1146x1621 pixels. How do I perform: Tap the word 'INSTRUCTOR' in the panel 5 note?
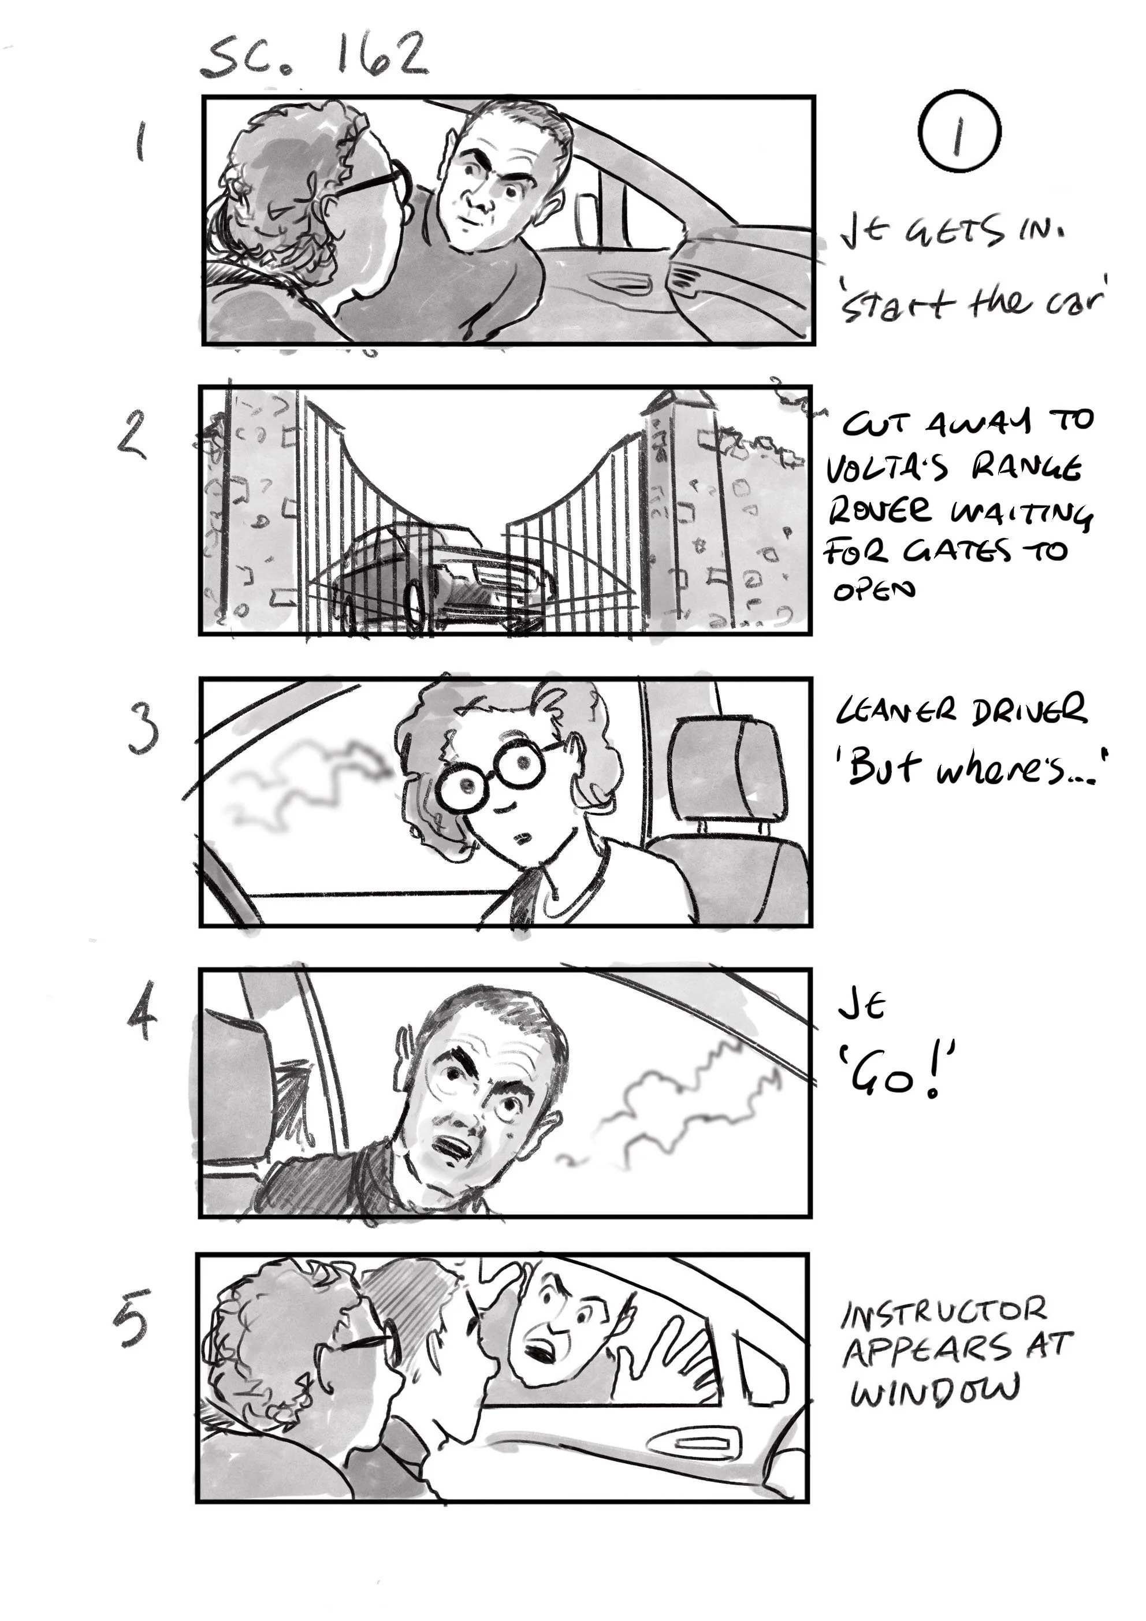943,1313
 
